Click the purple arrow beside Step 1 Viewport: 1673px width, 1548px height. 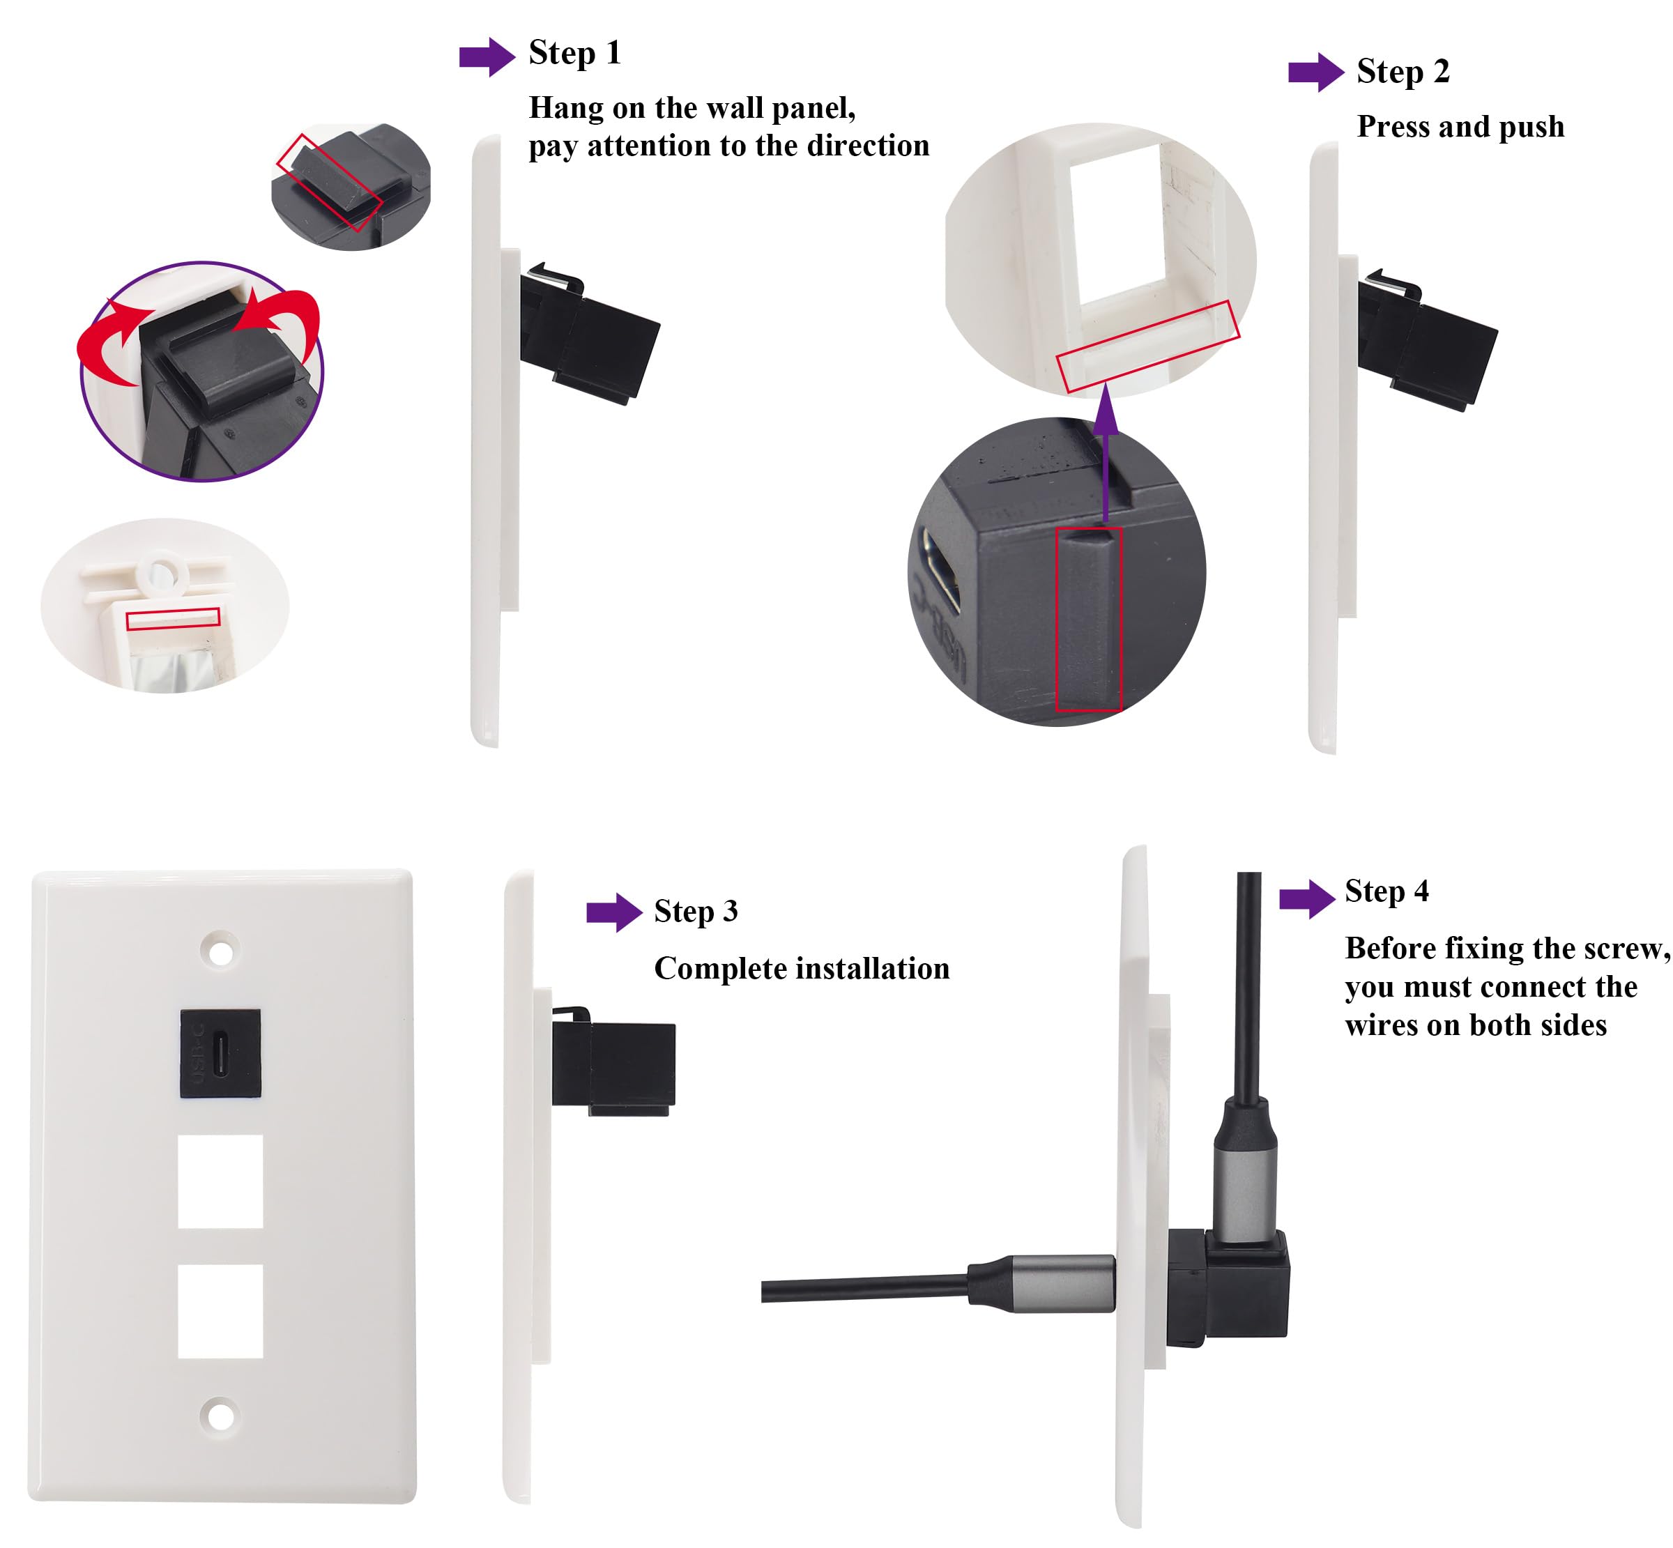pyautogui.click(x=486, y=57)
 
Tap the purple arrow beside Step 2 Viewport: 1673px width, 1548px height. pyautogui.click(x=1315, y=72)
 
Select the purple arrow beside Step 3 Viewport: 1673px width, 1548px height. pyautogui.click(x=613, y=912)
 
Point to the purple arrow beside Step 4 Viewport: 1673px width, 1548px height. pyautogui.click(x=1306, y=899)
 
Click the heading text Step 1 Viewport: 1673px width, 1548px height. pyautogui.click(x=574, y=53)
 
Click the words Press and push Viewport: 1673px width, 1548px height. pyautogui.click(x=1460, y=126)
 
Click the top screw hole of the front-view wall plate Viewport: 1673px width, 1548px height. pyautogui.click(x=220, y=951)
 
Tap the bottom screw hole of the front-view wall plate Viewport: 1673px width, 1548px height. pyautogui.click(x=220, y=1416)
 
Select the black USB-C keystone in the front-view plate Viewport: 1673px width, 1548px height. pyautogui.click(x=220, y=1053)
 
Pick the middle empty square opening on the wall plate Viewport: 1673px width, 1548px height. pyautogui.click(x=220, y=1181)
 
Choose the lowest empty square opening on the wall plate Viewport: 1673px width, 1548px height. pyautogui.click(x=220, y=1310)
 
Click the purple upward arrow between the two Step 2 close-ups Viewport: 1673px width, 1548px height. pyautogui.click(x=1106, y=452)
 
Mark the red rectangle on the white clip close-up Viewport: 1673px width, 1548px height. pyautogui.click(x=173, y=618)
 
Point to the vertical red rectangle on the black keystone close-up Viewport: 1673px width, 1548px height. pyautogui.click(x=1087, y=619)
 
